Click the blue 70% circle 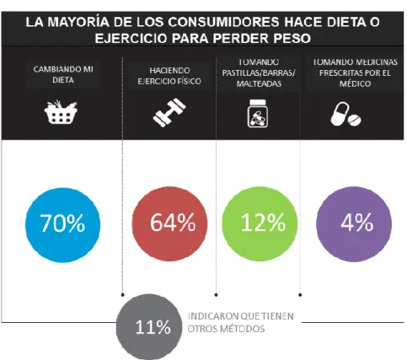coord(62,225)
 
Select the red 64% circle coord(169,223)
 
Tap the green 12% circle coord(260,223)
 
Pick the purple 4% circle coord(354,224)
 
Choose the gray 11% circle coord(149,327)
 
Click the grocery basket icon coord(61,112)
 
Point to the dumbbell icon coord(169,112)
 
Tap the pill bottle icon coord(258,113)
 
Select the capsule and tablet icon coord(345,114)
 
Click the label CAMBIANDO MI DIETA coord(63,74)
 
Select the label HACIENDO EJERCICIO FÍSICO coord(169,76)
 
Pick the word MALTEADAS coord(259,83)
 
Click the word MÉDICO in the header coord(355,83)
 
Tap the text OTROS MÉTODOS coord(226,329)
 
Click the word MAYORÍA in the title coord(78,22)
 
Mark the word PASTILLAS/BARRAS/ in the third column coord(259,73)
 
